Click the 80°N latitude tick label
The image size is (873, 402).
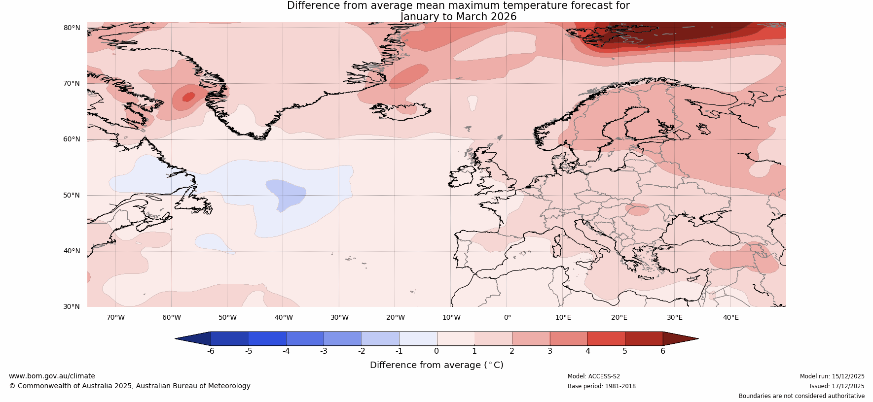[x=72, y=28]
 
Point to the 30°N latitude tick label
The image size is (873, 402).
[x=72, y=306]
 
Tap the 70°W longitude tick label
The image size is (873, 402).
[x=115, y=317]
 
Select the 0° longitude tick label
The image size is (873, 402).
[x=507, y=317]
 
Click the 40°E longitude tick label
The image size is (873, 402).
[x=730, y=317]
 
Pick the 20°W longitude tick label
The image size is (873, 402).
[x=395, y=317]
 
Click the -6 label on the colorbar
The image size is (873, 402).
[x=211, y=351]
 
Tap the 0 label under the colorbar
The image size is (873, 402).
[x=436, y=351]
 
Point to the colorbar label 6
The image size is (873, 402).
[x=663, y=351]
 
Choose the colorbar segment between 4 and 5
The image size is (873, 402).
[x=606, y=338]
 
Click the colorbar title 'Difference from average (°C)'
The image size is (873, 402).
[x=436, y=365]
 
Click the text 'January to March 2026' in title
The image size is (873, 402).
[x=458, y=17]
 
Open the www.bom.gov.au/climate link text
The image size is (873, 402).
[x=52, y=376]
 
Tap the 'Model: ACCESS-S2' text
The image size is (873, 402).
[x=594, y=376]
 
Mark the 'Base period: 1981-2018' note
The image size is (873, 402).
[x=602, y=386]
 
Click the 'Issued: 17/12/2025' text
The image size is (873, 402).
[x=837, y=386]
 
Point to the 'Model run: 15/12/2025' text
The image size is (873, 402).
[x=832, y=376]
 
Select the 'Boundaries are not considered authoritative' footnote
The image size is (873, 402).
[x=801, y=396]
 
